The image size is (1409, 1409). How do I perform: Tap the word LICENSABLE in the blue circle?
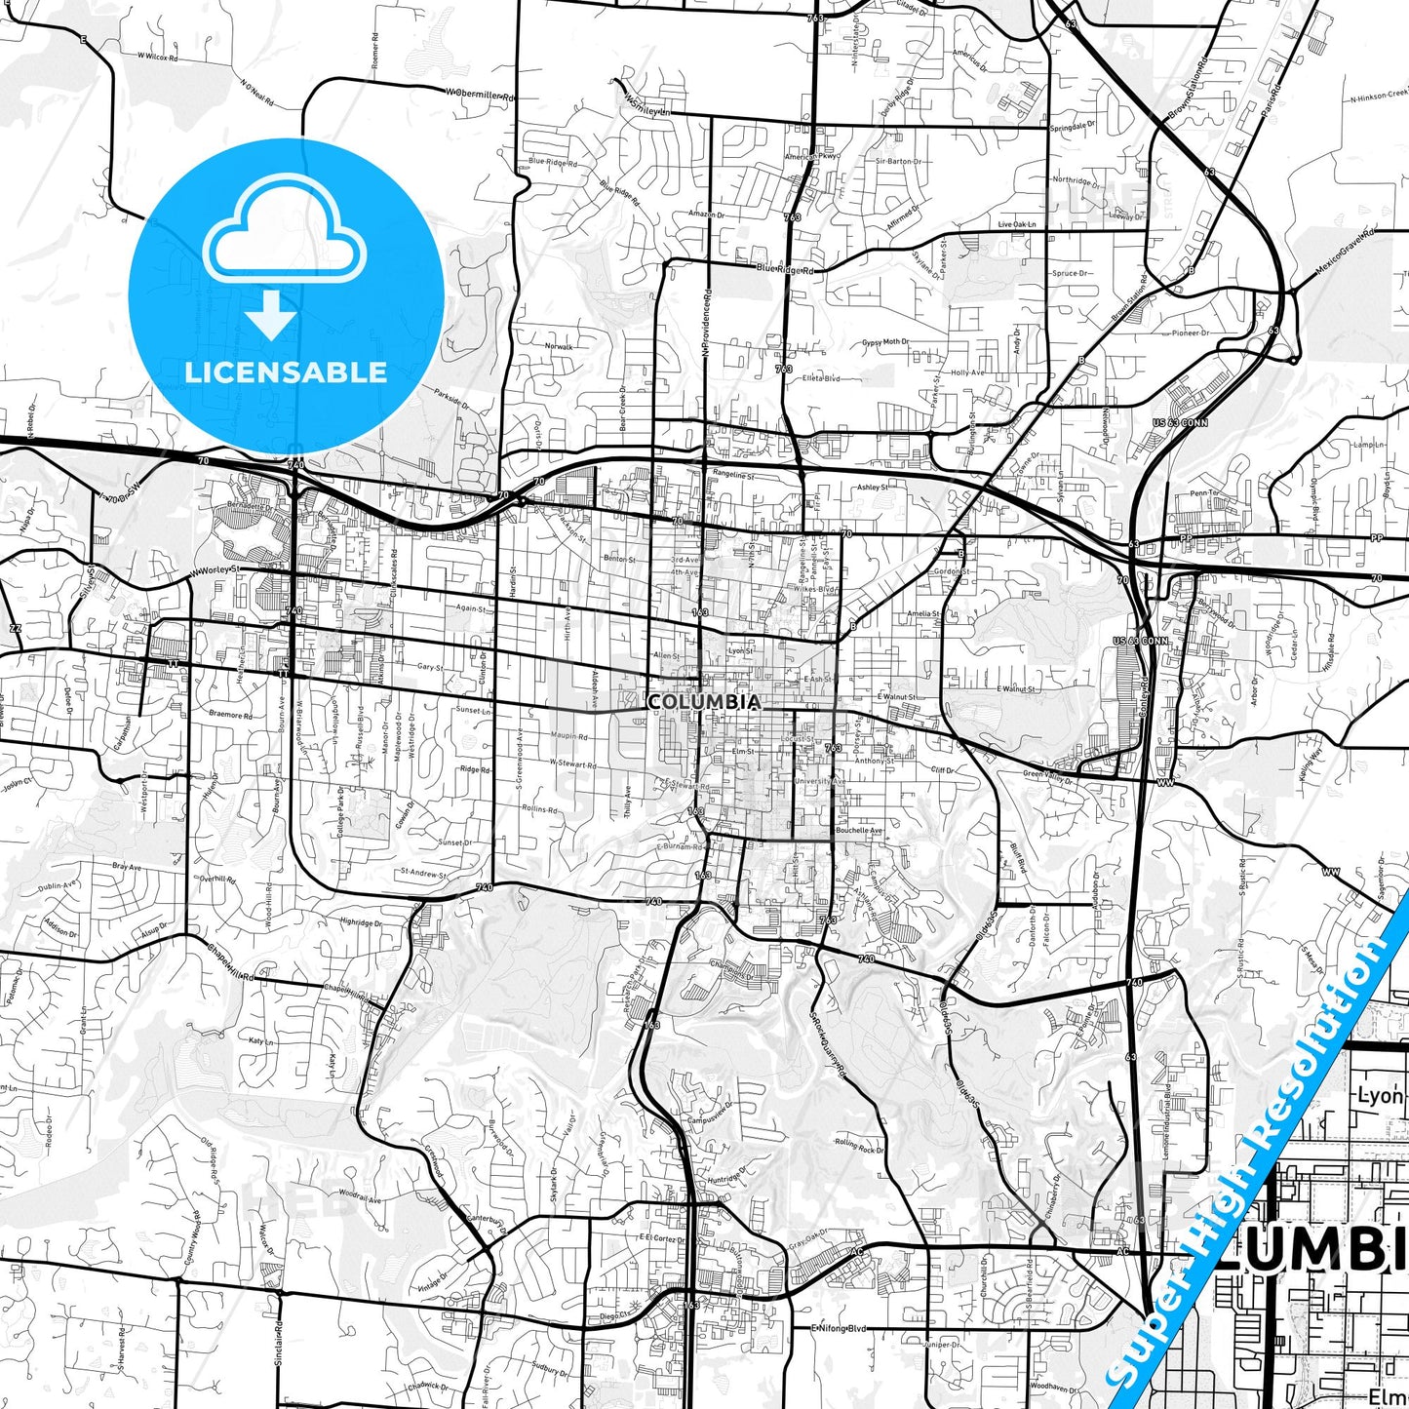286,372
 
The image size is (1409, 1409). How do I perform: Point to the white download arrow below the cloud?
271,313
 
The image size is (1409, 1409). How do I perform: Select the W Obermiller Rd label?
481,94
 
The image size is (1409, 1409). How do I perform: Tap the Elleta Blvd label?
820,378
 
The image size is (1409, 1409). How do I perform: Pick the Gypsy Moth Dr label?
885,342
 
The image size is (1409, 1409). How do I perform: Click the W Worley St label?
215,569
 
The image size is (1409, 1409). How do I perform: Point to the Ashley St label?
873,487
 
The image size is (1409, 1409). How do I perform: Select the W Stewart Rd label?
572,764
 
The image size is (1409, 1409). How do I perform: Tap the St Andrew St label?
424,873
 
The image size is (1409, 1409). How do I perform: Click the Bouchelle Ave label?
859,831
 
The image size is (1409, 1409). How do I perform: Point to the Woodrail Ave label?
360,1195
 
